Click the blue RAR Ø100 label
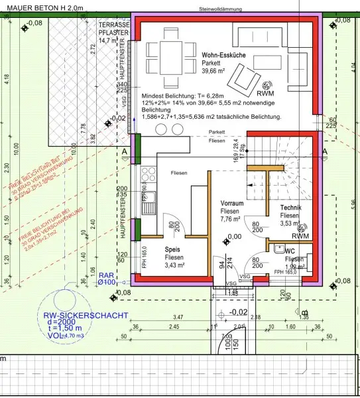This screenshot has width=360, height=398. [107, 278]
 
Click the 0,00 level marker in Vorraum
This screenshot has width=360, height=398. [234, 236]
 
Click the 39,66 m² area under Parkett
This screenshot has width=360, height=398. [217, 71]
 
